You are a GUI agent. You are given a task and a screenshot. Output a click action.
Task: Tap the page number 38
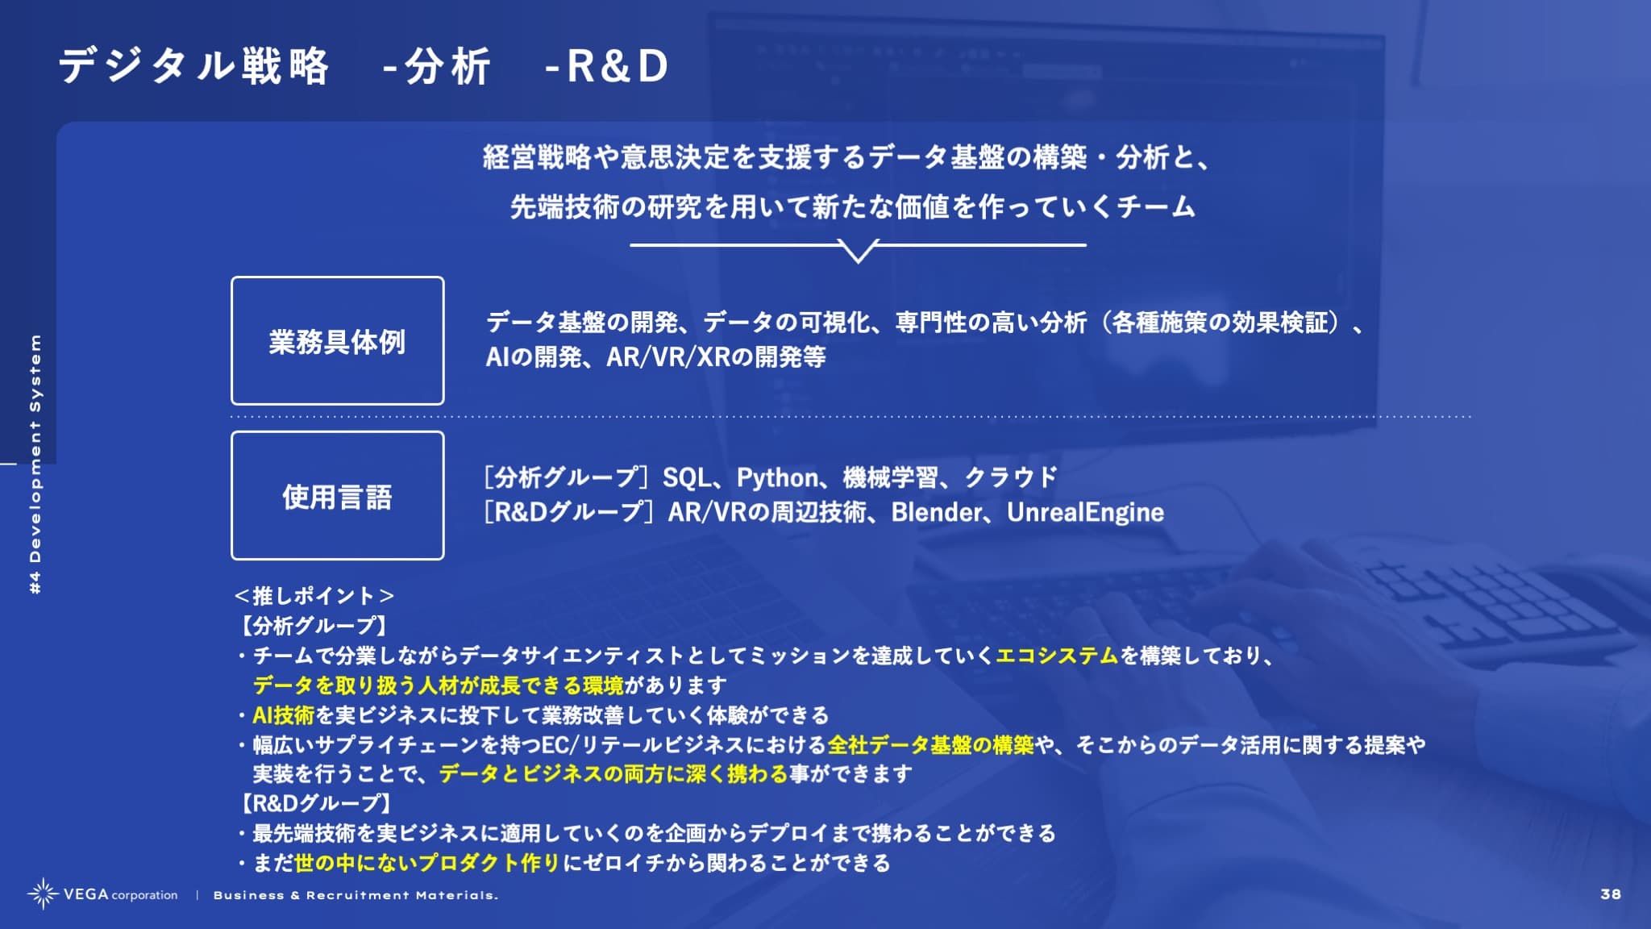(x=1611, y=894)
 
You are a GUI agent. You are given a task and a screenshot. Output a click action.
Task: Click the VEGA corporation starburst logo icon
(x=42, y=894)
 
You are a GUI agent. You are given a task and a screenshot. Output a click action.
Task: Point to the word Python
(x=777, y=478)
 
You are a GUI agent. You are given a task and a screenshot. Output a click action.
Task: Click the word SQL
(x=686, y=478)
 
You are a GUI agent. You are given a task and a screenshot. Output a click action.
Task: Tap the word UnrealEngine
(x=1085, y=513)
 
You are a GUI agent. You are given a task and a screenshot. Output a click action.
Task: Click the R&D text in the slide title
(x=618, y=66)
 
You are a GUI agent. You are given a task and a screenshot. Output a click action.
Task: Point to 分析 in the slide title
(x=447, y=66)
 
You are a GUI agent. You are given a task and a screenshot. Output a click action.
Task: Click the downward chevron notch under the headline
(x=858, y=253)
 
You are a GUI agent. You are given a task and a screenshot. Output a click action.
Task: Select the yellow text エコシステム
(x=1057, y=656)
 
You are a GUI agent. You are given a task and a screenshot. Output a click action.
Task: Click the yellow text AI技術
(x=283, y=715)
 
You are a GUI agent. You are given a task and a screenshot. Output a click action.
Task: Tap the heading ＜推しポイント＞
(x=314, y=596)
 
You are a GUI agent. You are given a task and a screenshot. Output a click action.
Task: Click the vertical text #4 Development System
(x=35, y=464)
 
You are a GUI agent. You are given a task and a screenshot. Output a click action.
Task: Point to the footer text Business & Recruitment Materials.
(x=356, y=895)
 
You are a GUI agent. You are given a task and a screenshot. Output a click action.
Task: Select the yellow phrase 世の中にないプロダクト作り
(x=427, y=863)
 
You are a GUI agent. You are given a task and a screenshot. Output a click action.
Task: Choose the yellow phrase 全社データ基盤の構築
(x=930, y=744)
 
